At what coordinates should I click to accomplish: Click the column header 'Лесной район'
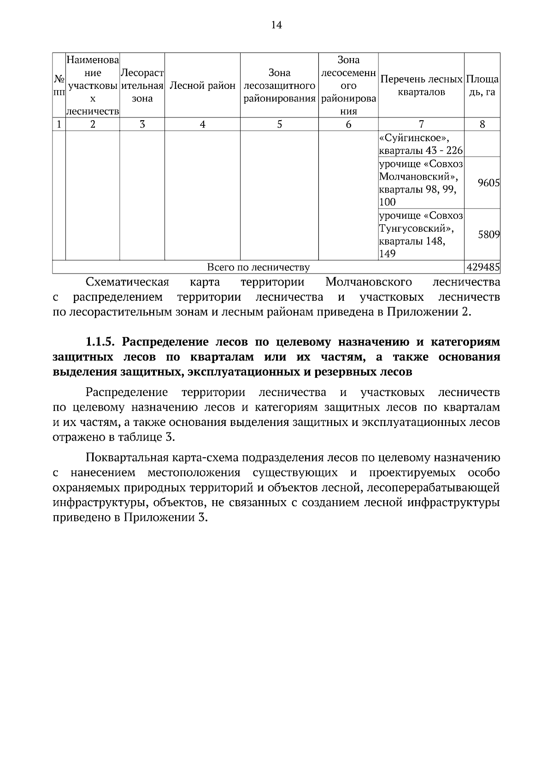pos(202,86)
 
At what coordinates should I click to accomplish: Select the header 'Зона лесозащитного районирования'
pos(279,86)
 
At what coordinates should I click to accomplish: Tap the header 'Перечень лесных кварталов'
pos(421,86)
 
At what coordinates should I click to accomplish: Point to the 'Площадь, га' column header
pos(482,86)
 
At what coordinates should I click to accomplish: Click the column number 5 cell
pos(279,124)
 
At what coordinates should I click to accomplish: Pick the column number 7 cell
pos(421,124)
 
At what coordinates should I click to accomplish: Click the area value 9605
pos(488,183)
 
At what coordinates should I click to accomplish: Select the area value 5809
pos(488,234)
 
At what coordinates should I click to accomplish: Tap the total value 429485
pos(483,267)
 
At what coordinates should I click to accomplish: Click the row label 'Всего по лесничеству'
pos(258,267)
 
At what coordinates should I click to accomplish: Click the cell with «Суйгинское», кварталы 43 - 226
pos(421,144)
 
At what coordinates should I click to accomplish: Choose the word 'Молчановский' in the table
pos(418,177)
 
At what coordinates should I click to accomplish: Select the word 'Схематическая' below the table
pos(128,282)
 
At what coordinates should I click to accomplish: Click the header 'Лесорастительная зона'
pos(142,86)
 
